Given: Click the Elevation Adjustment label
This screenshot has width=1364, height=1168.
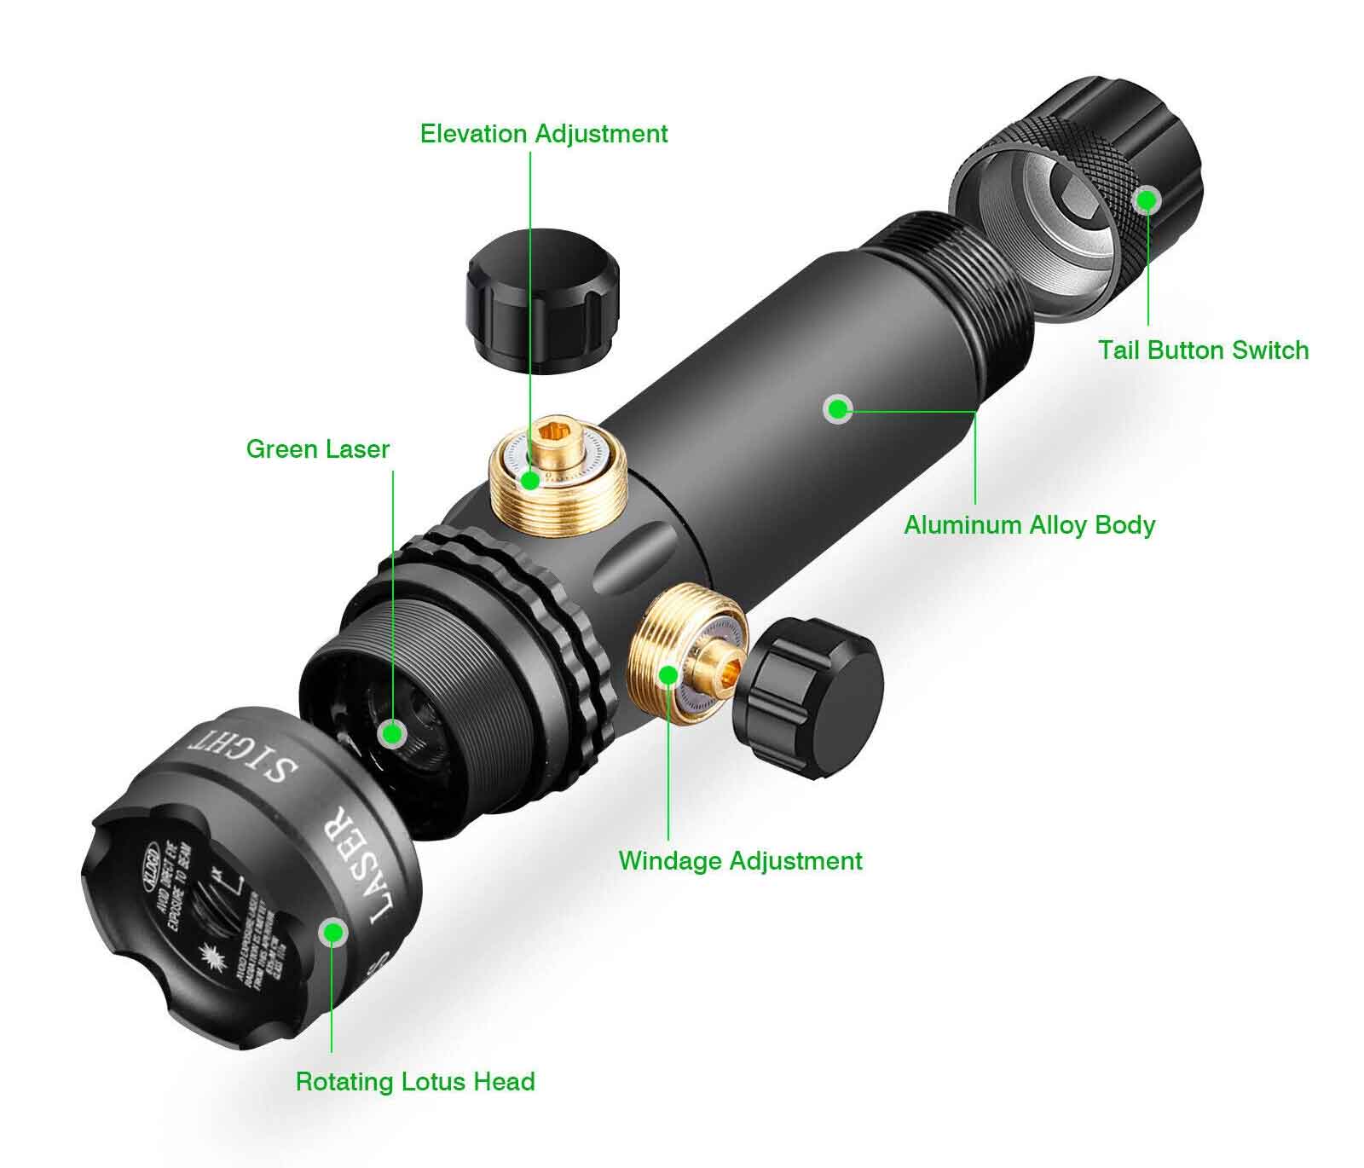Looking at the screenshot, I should pyautogui.click(x=544, y=134).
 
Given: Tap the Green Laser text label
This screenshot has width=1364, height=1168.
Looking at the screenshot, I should pyautogui.click(x=317, y=449).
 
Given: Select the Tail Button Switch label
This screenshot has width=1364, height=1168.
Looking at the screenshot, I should pyautogui.click(x=1203, y=350).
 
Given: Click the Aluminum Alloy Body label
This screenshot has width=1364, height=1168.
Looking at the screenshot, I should pyautogui.click(x=1029, y=524).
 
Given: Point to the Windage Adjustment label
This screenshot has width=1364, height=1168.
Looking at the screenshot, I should pyautogui.click(x=740, y=860).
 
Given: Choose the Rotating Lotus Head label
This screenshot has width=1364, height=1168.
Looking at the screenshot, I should pyautogui.click(x=415, y=1082).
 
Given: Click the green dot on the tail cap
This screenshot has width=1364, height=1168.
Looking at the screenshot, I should pyautogui.click(x=1147, y=200).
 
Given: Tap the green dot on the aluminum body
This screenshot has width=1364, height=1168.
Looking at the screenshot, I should pyautogui.click(x=839, y=409).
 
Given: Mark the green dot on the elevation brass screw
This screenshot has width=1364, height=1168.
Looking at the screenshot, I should pyautogui.click(x=530, y=481).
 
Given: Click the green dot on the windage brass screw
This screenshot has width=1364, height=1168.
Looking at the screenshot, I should pyautogui.click(x=669, y=675).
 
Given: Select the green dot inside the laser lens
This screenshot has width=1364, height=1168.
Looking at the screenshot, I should pyautogui.click(x=392, y=732).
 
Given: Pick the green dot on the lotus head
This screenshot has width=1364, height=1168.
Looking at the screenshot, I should pyautogui.click(x=332, y=932).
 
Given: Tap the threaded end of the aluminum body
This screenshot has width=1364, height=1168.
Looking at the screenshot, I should pyautogui.click(x=955, y=281).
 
